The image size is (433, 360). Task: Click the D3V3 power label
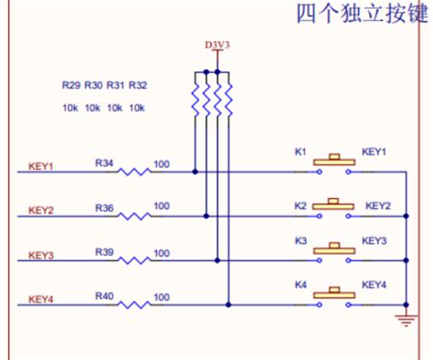coord(217,45)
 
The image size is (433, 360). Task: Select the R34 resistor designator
coord(105,162)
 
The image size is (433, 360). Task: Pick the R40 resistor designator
coord(105,296)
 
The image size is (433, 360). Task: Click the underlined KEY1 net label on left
coord(42,167)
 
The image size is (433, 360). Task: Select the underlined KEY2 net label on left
coord(42,211)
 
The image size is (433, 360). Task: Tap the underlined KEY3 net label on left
coord(42,255)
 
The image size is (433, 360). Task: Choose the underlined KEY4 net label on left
coord(42,299)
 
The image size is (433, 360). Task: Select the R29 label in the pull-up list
coord(71,85)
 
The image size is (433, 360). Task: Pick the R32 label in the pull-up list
coord(137,85)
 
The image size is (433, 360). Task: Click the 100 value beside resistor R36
coord(162,206)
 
